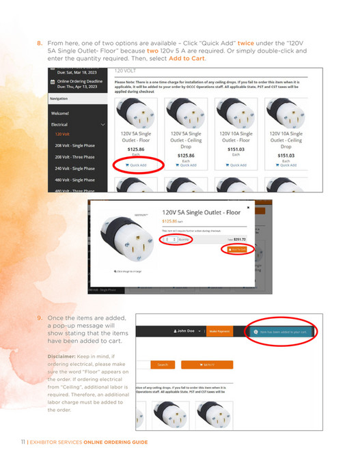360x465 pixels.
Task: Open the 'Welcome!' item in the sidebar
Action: click(60, 113)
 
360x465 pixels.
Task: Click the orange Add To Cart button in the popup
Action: click(238, 250)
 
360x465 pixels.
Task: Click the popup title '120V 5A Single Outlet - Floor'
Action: click(202, 212)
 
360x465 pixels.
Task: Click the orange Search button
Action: click(163, 365)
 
